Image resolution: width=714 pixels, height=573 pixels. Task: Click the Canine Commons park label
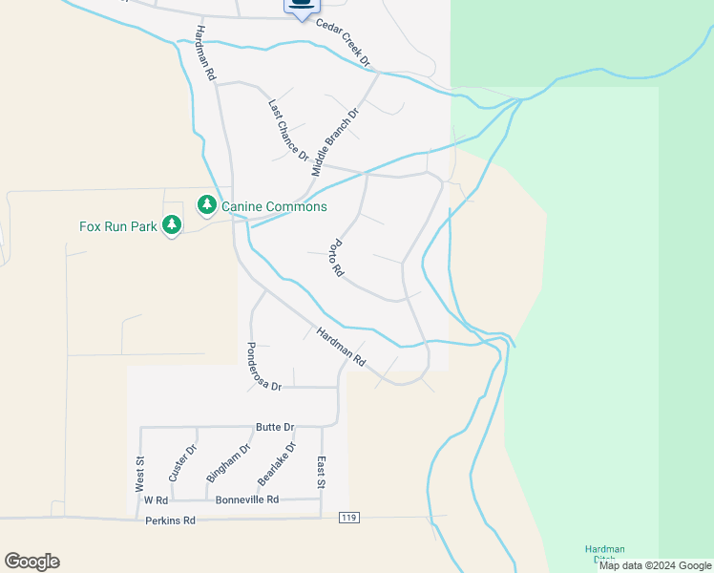[274, 206]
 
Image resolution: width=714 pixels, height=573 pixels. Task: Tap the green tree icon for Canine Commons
[206, 205]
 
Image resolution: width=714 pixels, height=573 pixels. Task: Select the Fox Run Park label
[115, 226]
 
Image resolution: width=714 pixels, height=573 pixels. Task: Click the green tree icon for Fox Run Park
[172, 225]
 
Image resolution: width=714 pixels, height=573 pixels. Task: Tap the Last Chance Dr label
[288, 130]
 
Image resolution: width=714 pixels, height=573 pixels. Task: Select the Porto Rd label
[336, 258]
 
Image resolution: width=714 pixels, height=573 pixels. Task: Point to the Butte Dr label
[275, 427]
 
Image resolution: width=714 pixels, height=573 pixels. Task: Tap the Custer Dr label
[182, 463]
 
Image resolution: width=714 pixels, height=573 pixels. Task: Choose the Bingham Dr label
[228, 462]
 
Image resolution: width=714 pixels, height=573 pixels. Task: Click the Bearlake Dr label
[278, 463]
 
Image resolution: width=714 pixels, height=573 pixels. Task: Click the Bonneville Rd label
[247, 499]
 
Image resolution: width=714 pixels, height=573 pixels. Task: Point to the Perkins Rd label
[171, 520]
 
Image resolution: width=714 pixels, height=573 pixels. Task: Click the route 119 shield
[348, 518]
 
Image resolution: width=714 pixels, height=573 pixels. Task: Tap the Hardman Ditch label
[605, 554]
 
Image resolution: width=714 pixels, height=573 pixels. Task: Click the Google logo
[31, 562]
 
